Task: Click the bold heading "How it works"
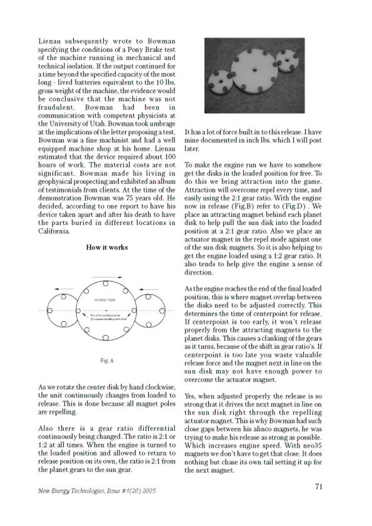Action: tap(107, 248)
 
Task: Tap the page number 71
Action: tap(319, 487)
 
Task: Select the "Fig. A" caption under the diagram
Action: tap(107, 361)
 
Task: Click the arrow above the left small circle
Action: tap(64, 289)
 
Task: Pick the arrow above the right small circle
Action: tap(149, 289)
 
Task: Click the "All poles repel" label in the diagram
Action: tap(105, 300)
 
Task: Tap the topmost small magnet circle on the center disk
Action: tap(106, 283)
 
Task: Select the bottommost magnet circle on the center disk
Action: tap(106, 337)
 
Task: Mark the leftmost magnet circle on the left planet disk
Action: tap(49, 311)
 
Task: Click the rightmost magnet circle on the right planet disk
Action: tap(162, 311)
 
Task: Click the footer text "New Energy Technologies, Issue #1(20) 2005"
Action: tap(97, 491)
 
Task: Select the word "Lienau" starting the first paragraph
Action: tap(50, 41)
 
